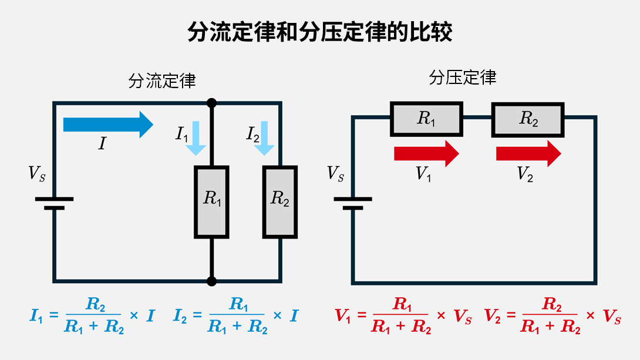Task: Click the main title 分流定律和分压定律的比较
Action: (320, 32)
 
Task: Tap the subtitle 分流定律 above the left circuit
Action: (162, 81)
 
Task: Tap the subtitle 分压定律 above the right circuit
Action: (463, 78)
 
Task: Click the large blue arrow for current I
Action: (108, 125)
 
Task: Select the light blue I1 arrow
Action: (196, 138)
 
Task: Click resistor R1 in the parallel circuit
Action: (212, 202)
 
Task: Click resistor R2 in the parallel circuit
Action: (280, 202)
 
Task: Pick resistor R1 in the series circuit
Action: (427, 119)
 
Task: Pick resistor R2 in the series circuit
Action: (528, 119)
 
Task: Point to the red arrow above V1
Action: (426, 153)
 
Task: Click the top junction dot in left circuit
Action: (212, 103)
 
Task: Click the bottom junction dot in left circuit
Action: (212, 281)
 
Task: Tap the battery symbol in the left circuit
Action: (54, 203)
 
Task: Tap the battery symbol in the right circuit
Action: (352, 203)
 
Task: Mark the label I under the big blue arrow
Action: (102, 144)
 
